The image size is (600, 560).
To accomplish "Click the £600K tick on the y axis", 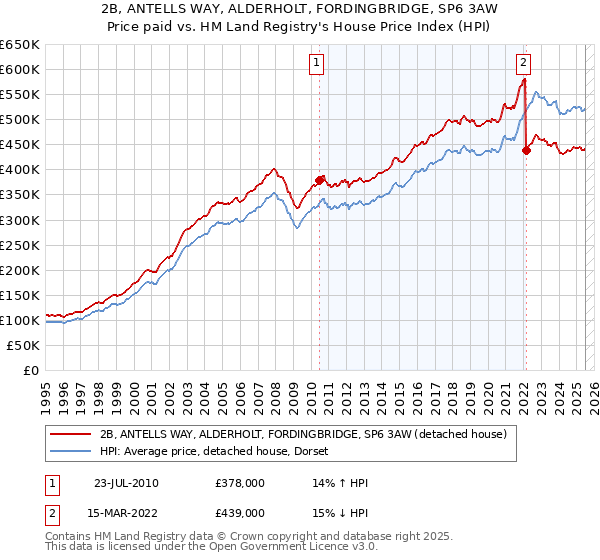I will tap(21, 69).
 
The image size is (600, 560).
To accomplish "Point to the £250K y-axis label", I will tap(21, 245).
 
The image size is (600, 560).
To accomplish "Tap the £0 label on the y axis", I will tap(31, 370).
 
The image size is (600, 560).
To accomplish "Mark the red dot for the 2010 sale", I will tap(320, 180).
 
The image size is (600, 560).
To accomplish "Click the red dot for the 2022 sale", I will tap(526, 150).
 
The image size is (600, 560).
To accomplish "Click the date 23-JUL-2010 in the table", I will tap(126, 483).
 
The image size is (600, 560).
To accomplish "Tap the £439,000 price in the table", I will tap(239, 513).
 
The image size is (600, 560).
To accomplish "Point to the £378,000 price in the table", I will tap(239, 483).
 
